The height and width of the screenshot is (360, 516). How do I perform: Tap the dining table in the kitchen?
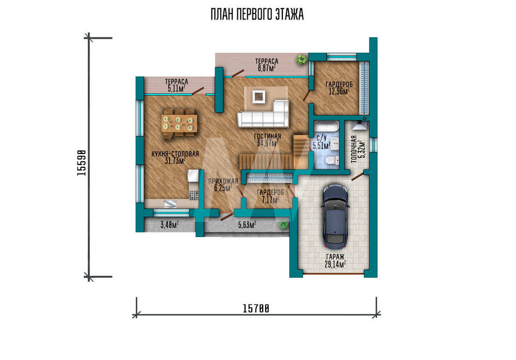[180, 123]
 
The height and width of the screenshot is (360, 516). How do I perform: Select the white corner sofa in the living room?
[263, 114]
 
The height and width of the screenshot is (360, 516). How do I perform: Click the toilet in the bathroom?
[332, 161]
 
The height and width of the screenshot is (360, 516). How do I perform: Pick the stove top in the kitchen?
[193, 195]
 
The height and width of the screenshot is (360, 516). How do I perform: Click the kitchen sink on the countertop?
[170, 204]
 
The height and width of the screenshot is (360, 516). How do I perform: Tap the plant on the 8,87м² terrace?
[301, 59]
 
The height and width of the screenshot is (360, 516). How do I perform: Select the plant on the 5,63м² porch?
[283, 225]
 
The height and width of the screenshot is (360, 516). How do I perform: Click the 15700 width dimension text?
[256, 309]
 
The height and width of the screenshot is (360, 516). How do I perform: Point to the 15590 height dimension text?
[82, 163]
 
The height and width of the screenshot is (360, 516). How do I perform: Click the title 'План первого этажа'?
[257, 14]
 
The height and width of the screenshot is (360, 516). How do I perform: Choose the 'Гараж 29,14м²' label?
[335, 260]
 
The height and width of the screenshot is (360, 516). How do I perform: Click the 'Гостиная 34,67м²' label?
[267, 139]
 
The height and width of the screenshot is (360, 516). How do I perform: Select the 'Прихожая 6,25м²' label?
[223, 184]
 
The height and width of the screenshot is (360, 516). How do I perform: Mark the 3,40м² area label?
[169, 225]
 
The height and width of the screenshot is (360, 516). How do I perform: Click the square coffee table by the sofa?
[259, 97]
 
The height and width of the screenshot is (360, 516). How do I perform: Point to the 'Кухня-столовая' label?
[175, 154]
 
